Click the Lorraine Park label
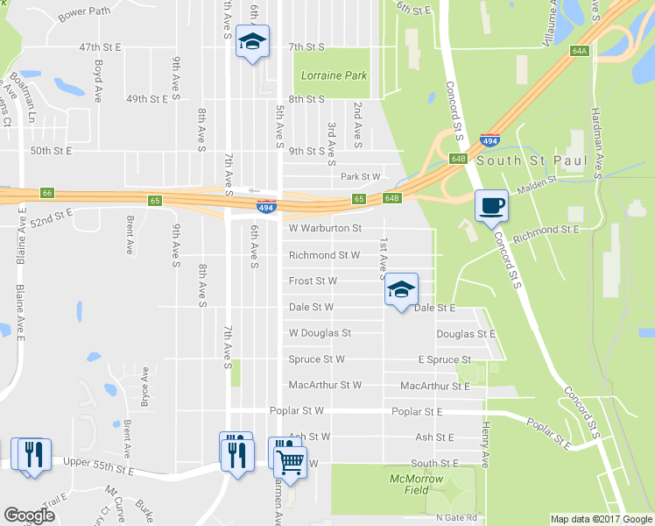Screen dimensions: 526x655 click(334, 75)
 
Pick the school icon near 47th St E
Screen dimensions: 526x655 click(252, 41)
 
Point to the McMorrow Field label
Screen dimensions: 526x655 click(416, 485)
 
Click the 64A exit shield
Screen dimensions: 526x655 click(578, 52)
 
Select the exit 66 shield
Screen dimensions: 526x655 click(47, 193)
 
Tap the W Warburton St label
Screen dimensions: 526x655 click(325, 229)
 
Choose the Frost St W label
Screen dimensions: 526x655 click(313, 281)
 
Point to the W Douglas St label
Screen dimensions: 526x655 click(320, 333)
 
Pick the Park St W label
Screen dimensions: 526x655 click(360, 177)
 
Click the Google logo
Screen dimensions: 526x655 click(29, 515)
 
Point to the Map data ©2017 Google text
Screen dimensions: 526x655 click(600, 519)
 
